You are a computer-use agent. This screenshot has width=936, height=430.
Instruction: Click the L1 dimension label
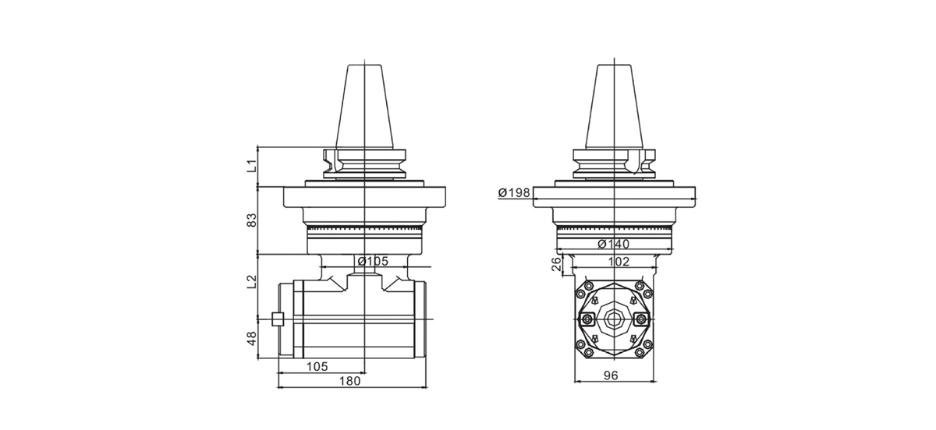(251, 166)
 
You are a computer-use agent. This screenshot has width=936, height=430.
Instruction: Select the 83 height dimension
(251, 221)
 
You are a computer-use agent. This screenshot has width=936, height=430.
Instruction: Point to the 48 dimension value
(251, 338)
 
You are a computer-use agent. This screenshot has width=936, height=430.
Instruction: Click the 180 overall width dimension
(350, 381)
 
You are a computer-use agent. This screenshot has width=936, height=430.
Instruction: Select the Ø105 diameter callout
(372, 261)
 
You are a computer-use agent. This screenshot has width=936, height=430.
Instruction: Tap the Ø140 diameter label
(614, 244)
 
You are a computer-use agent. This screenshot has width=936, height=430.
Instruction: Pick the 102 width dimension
(619, 262)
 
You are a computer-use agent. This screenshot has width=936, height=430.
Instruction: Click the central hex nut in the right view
(612, 319)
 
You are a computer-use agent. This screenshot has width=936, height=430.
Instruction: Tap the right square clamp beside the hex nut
(642, 319)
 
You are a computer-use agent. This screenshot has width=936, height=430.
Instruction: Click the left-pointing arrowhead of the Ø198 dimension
(537, 200)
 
